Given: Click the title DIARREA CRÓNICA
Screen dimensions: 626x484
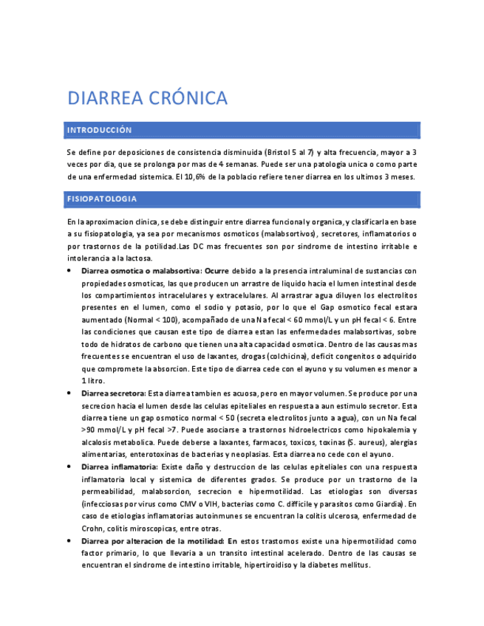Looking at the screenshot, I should click(147, 97).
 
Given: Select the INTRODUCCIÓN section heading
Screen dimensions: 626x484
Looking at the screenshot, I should click(99, 130).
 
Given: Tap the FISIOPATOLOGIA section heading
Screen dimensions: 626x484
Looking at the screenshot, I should click(101, 199).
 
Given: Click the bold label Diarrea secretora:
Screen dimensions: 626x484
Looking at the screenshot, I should click(114, 393).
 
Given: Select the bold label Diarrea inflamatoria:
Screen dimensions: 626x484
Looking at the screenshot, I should click(119, 467).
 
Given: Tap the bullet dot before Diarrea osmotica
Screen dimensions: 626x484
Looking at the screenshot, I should click(69, 271).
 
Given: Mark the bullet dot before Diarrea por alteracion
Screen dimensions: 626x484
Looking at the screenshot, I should click(69, 541).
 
